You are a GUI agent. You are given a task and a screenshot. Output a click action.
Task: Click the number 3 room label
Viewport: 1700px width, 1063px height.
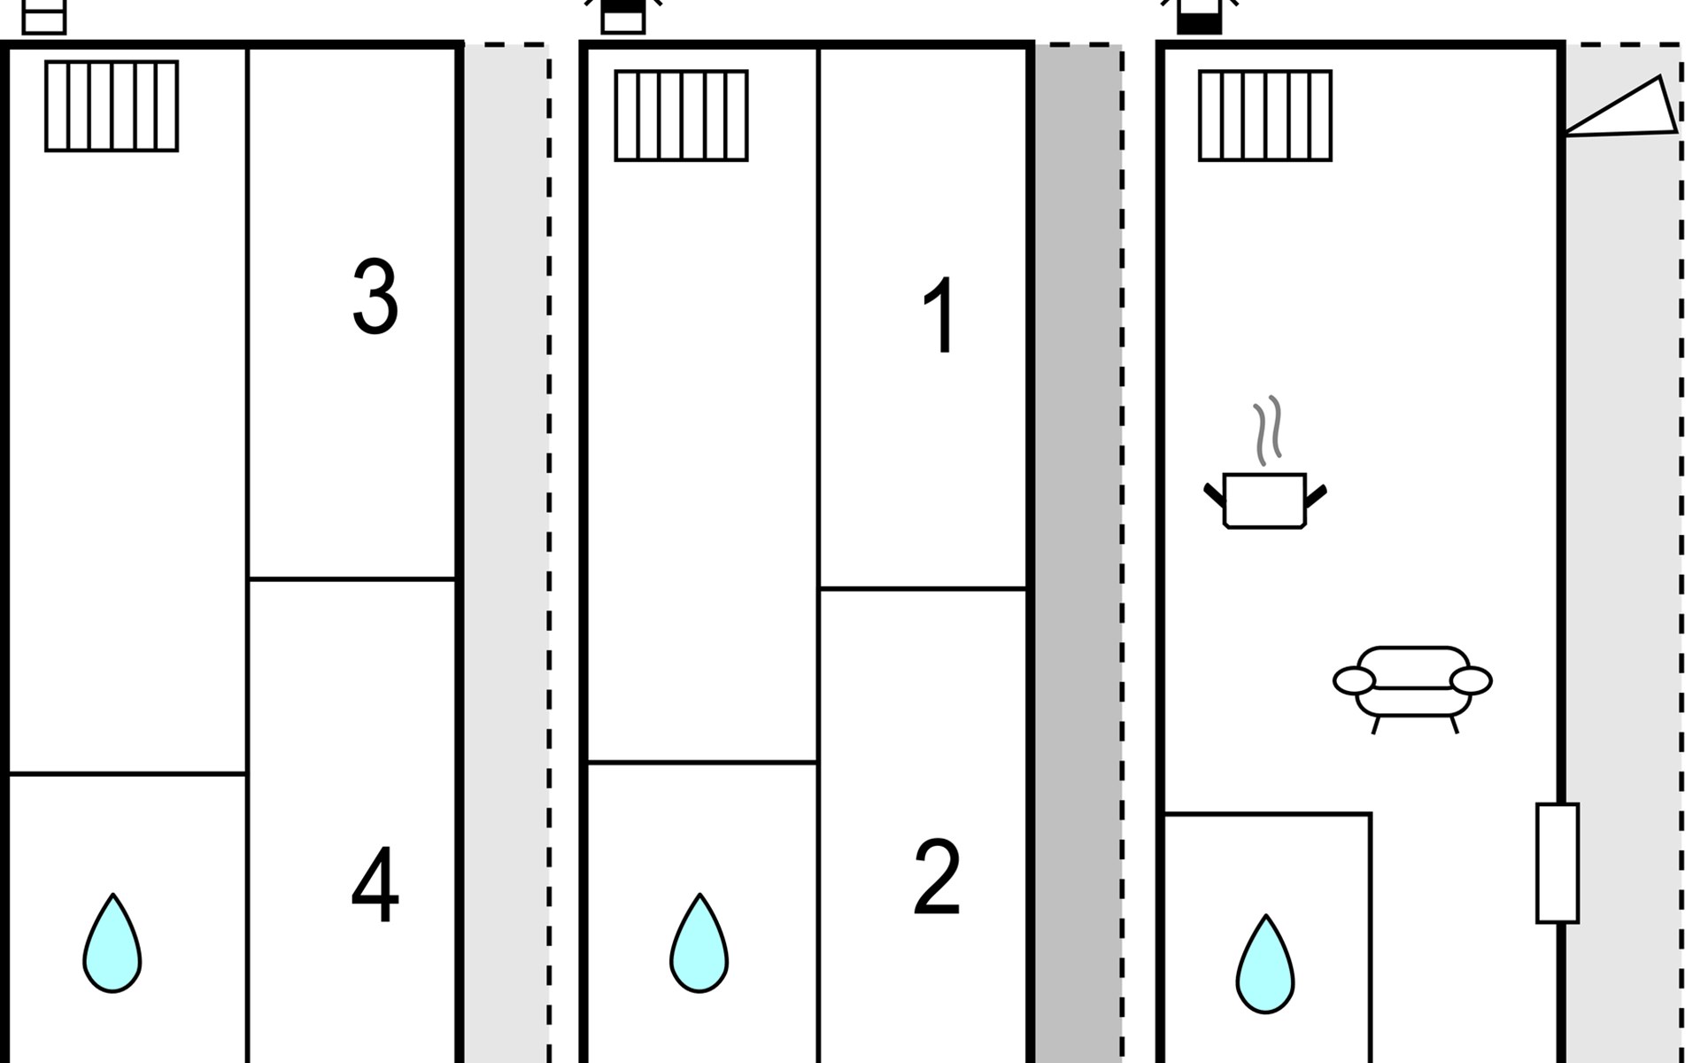375,298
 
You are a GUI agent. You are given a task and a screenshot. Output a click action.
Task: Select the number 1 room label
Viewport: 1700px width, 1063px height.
938,316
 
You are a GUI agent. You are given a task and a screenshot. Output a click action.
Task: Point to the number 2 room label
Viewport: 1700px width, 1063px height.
937,877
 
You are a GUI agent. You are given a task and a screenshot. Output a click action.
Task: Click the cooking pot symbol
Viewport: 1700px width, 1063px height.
1264,500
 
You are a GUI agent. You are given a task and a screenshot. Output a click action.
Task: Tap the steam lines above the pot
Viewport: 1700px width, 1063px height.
1268,431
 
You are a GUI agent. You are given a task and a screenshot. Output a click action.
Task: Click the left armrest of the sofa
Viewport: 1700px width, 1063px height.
1354,681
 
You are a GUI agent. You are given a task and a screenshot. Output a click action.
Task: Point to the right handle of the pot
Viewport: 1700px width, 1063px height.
1315,496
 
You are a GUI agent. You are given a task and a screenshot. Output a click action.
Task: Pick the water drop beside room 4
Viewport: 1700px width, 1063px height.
112,946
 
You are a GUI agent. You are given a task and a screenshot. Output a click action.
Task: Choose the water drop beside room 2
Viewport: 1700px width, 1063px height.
699,946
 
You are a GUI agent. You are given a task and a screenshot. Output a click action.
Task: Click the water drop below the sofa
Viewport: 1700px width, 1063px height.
1265,966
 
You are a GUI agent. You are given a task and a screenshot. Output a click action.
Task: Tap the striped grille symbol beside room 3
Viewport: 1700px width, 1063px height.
112,106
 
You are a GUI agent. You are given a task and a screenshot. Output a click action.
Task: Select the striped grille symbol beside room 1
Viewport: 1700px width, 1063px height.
681,115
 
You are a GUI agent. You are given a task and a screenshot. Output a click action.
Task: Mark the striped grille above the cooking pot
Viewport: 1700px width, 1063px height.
1264,115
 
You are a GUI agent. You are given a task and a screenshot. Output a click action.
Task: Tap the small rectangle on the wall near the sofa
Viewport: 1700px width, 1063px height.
1557,863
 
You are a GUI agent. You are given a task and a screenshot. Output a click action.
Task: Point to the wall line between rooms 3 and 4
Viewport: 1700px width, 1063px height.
352,579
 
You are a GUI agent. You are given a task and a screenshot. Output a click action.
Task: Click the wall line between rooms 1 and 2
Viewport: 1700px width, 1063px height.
923,588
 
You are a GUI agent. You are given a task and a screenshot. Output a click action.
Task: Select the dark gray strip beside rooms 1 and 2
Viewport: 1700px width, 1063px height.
1078,549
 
